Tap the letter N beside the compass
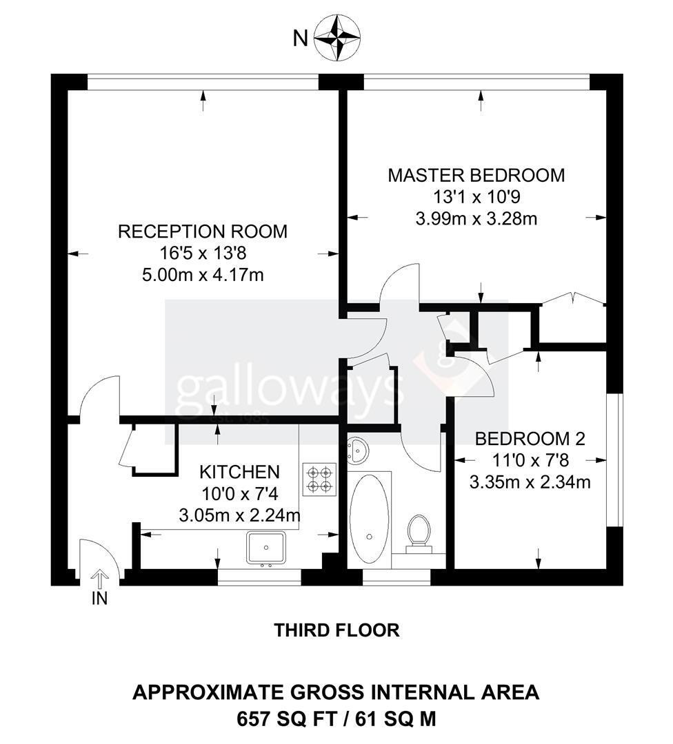[300, 38]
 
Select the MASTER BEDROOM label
[476, 176]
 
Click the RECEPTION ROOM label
[203, 231]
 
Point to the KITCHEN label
[240, 472]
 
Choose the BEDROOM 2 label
[530, 438]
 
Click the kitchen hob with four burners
[319, 479]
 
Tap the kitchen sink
[266, 548]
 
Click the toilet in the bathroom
[419, 534]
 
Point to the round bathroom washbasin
[356, 451]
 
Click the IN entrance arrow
[99, 580]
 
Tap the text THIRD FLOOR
[336, 630]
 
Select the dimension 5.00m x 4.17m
[203, 275]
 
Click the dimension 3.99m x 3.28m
[476, 219]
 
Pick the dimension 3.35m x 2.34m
[530, 482]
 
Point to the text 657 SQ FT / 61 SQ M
[336, 719]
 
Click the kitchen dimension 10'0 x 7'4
[240, 494]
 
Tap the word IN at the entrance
[99, 599]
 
